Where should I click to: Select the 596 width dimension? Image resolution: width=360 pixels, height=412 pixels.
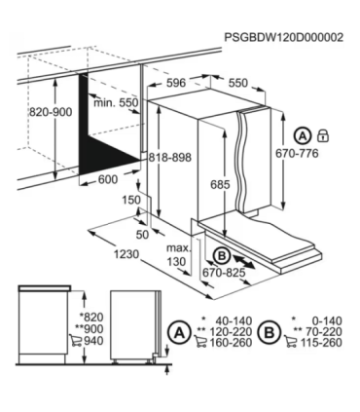[x=175, y=84]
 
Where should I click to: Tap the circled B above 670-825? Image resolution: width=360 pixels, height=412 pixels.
[x=221, y=255]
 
